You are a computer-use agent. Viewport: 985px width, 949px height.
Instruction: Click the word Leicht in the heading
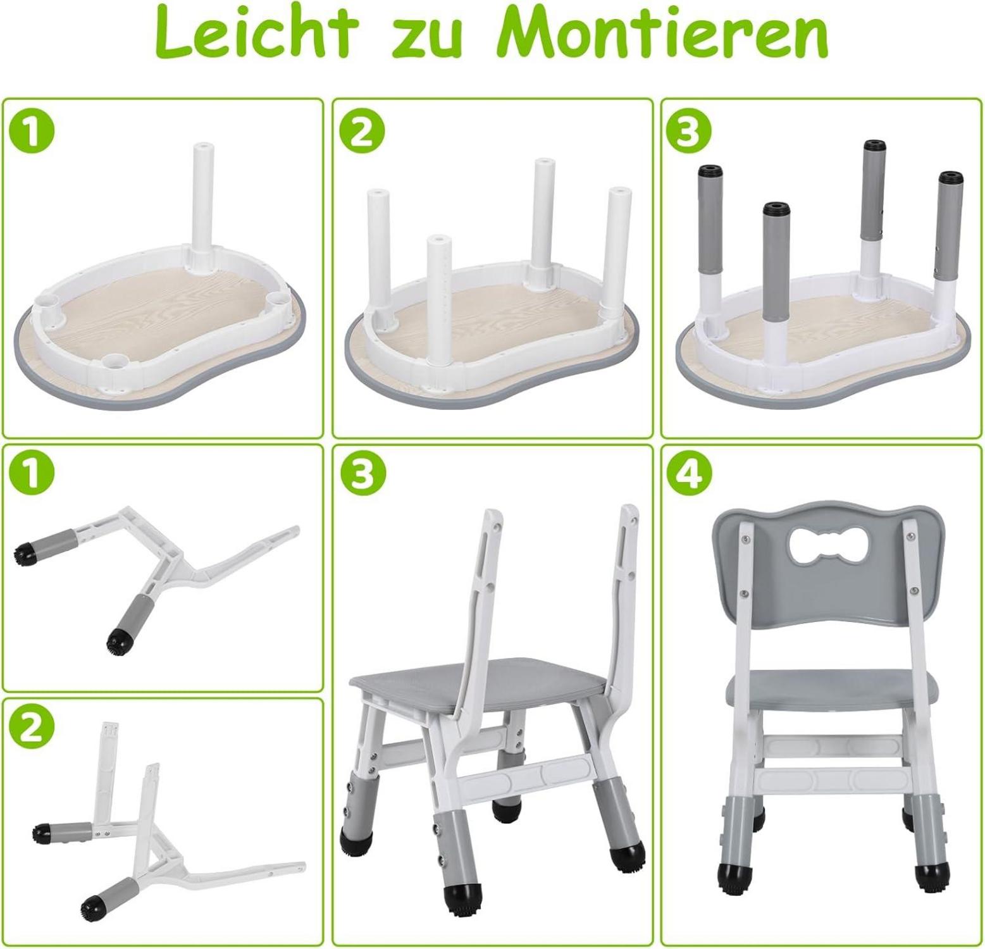point(254,33)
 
